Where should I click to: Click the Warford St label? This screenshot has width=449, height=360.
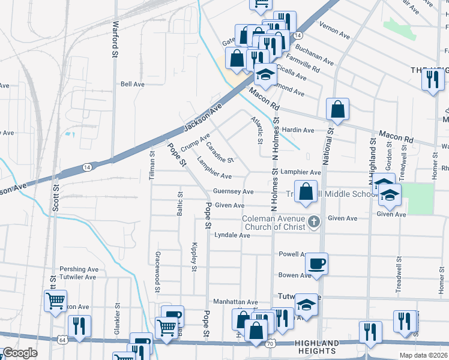pos(114,40)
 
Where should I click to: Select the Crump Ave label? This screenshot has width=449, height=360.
pos(194,142)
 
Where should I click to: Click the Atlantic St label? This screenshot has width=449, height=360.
pos(257,130)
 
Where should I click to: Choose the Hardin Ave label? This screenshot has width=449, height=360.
pos(298,130)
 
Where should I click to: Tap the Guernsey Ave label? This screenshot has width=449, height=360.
pos(234,191)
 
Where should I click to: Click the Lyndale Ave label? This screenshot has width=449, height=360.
pos(232,236)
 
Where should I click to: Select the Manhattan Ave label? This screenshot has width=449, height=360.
pos(235,302)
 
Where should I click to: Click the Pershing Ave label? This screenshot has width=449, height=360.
pos(78,269)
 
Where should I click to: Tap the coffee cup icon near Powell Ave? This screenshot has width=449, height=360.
pos(316,263)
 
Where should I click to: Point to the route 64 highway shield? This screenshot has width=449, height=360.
pos(62,340)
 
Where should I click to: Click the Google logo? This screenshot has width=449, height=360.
pos(20,353)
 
